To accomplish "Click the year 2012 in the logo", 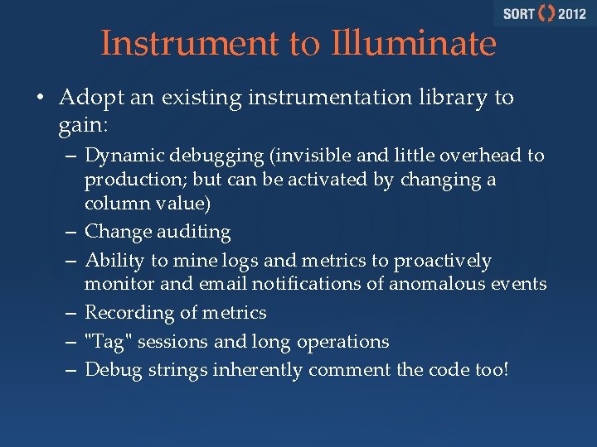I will click(x=572, y=14).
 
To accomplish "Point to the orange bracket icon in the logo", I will click(x=546, y=14).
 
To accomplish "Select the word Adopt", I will click(x=85, y=99).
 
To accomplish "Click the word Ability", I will click(x=114, y=262).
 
